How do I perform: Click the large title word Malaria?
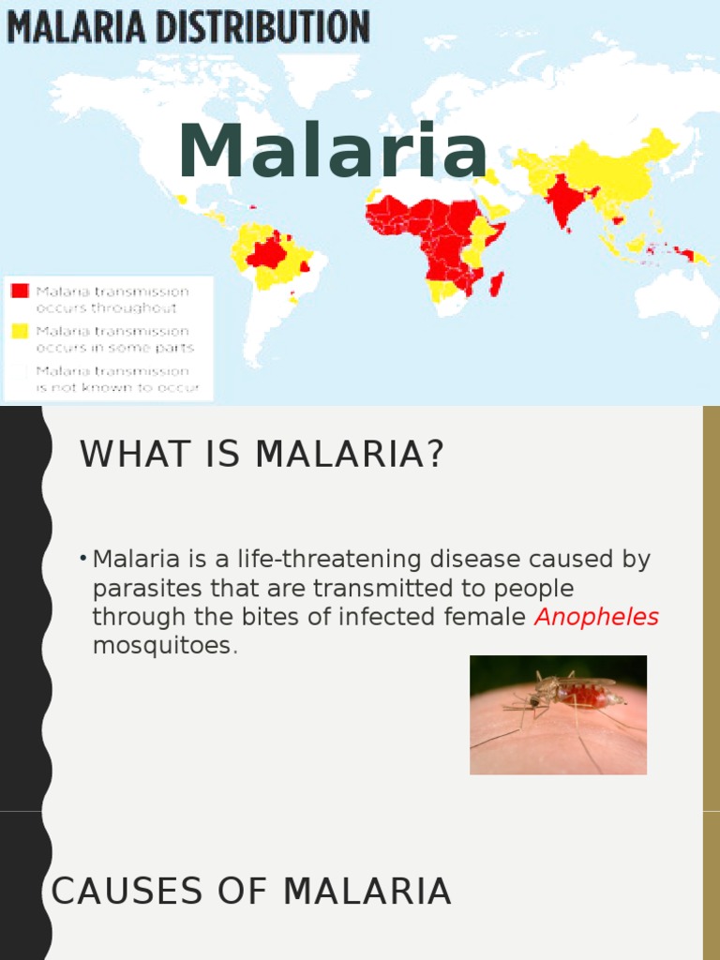coord(333,152)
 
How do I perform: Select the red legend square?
coord(20,292)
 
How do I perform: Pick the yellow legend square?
coord(20,331)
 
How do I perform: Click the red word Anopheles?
coord(596,617)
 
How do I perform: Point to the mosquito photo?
coord(558,714)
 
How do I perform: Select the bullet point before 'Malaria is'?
coord(84,560)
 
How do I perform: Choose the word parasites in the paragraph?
coord(137,589)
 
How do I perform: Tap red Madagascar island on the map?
coord(497,282)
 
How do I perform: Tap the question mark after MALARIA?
coord(433,455)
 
